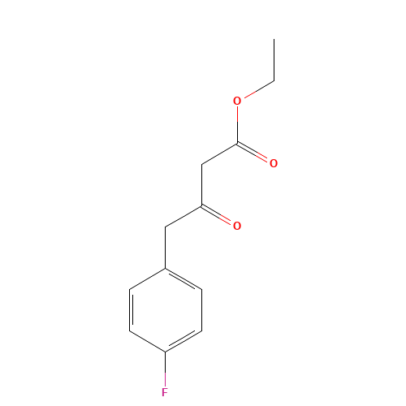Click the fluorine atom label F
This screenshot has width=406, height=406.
(x=165, y=392)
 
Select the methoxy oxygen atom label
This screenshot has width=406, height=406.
(x=237, y=101)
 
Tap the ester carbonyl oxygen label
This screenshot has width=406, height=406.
(x=274, y=163)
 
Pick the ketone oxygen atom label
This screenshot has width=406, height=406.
(x=237, y=226)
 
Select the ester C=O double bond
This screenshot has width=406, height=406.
(x=254, y=153)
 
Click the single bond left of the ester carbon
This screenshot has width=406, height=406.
(x=219, y=153)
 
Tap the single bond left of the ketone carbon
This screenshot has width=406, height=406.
(x=183, y=215)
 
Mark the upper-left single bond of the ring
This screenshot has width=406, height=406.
(x=148, y=278)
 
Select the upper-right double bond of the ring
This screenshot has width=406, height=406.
(x=183, y=278)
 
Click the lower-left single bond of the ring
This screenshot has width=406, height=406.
(x=148, y=341)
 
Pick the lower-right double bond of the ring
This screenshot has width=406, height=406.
(x=183, y=341)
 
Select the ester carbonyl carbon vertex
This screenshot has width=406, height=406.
(x=237, y=142)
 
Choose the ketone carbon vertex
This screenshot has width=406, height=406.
(x=201, y=205)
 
